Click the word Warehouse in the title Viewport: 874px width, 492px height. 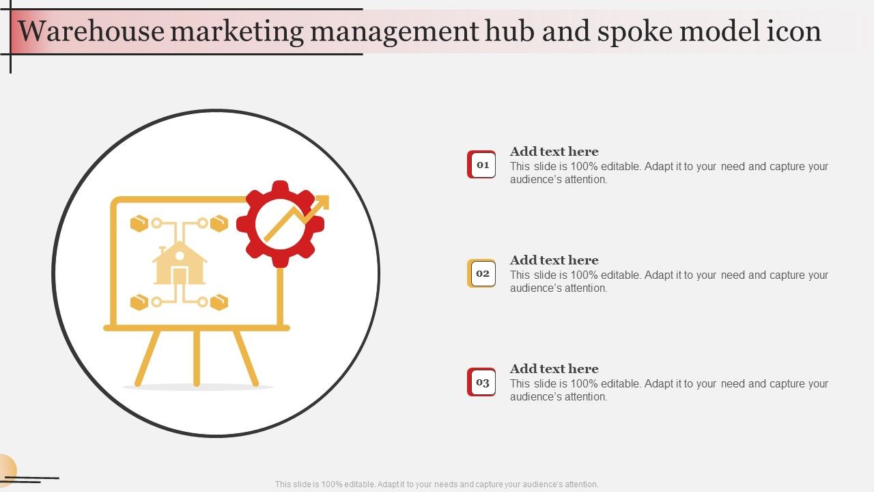point(91,31)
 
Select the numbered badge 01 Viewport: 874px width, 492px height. point(481,165)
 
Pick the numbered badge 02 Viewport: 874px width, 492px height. point(481,273)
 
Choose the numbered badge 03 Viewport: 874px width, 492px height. point(481,382)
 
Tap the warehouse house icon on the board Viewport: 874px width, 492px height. point(180,263)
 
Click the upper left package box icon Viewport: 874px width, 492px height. point(139,223)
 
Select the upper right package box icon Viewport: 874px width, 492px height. point(219,223)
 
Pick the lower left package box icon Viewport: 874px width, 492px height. point(139,302)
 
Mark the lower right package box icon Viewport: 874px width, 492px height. point(219,302)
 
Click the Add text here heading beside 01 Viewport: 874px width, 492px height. point(554,152)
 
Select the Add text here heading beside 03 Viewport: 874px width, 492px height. point(554,369)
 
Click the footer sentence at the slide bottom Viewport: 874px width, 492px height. point(436,484)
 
